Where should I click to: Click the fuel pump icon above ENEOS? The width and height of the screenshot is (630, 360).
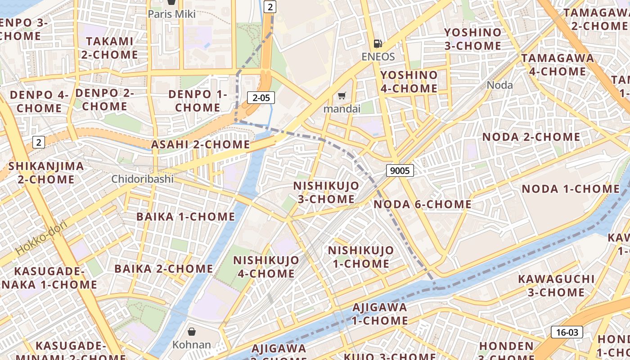[378, 44]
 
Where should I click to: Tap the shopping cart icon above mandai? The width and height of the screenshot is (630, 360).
[342, 95]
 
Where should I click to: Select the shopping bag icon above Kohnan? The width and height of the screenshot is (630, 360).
[192, 332]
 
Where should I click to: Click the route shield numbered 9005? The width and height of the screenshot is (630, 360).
[400, 170]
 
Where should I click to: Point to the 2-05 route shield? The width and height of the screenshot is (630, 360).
[261, 97]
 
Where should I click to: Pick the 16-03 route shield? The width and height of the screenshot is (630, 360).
[567, 332]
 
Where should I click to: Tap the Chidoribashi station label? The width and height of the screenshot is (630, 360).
[143, 179]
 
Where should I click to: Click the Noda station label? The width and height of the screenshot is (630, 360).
[499, 85]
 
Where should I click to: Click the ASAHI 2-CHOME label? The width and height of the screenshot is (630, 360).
[200, 144]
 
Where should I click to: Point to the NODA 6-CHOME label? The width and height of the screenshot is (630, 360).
[423, 204]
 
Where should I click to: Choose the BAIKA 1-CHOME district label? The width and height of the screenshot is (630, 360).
[186, 216]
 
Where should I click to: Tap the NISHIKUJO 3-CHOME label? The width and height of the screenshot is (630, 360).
[326, 192]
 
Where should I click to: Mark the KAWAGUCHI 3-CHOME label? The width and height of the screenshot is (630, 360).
[556, 286]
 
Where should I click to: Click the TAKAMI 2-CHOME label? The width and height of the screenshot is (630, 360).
[110, 48]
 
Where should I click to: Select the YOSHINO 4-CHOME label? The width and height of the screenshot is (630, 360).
[409, 81]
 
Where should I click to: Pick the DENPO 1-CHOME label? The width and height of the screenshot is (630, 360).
[197, 101]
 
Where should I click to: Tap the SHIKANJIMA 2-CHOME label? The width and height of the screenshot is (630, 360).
[46, 172]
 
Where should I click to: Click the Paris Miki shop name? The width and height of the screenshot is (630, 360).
[172, 14]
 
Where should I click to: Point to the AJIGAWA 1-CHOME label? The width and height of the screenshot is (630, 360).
[380, 314]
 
